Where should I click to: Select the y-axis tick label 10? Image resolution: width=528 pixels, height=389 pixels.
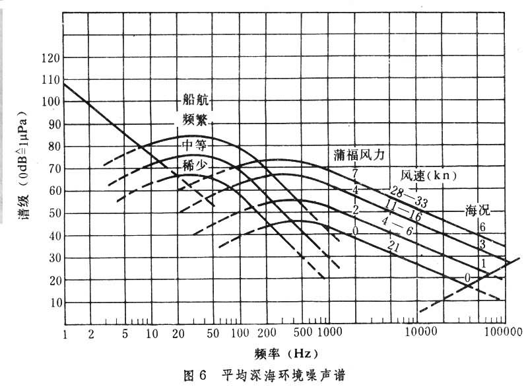[x=54, y=302]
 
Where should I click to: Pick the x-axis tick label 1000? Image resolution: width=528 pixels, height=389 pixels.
[x=327, y=330]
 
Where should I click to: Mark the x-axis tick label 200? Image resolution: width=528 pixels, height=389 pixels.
[x=268, y=330]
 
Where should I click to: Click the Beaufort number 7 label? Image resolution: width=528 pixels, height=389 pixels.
[x=354, y=174]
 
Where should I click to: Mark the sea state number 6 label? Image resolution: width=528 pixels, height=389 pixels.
[x=482, y=227]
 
